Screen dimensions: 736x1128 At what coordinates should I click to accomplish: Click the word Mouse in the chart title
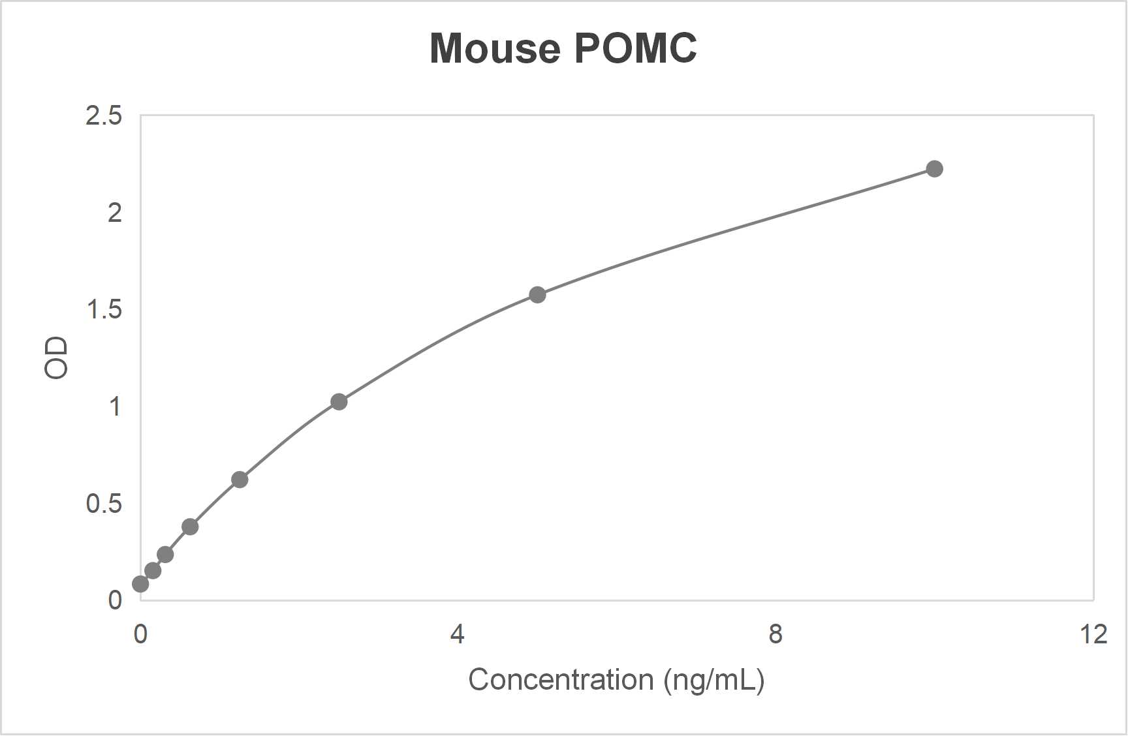click(x=495, y=48)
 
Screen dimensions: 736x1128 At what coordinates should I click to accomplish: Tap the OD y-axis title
click(x=56, y=358)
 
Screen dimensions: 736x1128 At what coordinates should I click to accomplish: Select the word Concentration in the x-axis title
click(x=561, y=680)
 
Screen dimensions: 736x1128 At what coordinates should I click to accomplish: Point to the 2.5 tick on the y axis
click(x=104, y=115)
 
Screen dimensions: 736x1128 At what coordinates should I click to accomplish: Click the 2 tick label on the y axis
click(x=115, y=213)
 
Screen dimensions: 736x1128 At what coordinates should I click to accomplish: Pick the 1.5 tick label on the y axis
click(x=104, y=309)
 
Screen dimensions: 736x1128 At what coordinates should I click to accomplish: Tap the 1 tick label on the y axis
click(x=115, y=406)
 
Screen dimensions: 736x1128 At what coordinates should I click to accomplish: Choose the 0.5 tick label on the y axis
click(x=104, y=503)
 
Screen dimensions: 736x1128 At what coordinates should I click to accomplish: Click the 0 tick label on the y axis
click(x=115, y=600)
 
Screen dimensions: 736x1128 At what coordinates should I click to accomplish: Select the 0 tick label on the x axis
click(x=140, y=634)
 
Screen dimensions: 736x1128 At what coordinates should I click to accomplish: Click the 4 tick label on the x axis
click(x=458, y=634)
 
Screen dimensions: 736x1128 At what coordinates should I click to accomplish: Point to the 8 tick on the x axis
click(x=775, y=634)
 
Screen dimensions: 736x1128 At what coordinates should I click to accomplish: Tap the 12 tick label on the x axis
click(x=1093, y=634)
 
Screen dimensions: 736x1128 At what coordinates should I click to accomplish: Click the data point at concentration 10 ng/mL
click(x=935, y=169)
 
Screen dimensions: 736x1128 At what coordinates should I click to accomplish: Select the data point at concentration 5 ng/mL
click(x=537, y=295)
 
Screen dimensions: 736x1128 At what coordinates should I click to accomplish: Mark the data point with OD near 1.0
click(x=339, y=402)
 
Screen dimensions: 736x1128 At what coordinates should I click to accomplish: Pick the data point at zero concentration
click(x=140, y=584)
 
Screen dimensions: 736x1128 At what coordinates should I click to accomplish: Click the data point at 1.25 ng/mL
click(x=240, y=480)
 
